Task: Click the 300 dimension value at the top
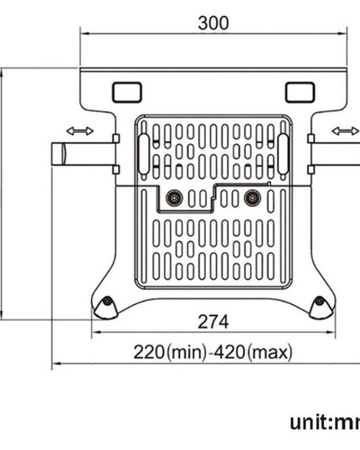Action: tap(213, 23)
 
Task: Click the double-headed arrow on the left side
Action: tap(80, 130)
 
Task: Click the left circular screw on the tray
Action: tap(174, 198)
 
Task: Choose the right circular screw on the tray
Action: tap(251, 198)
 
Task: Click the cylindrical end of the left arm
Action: tap(59, 155)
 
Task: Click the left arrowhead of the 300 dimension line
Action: tap(84, 35)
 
